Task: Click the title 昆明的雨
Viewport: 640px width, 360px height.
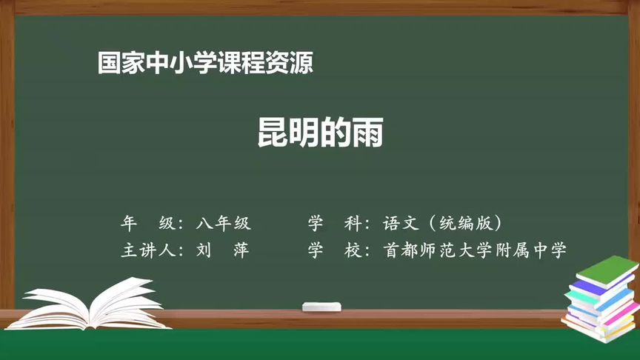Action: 320,134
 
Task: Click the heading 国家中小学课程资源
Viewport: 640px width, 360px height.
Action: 205,64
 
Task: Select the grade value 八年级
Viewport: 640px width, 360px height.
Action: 224,222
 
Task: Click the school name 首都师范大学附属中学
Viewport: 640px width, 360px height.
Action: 475,250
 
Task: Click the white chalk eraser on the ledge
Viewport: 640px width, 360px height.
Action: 322,306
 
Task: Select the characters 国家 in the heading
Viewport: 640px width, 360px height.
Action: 121,64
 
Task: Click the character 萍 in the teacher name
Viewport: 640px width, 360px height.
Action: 241,250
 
